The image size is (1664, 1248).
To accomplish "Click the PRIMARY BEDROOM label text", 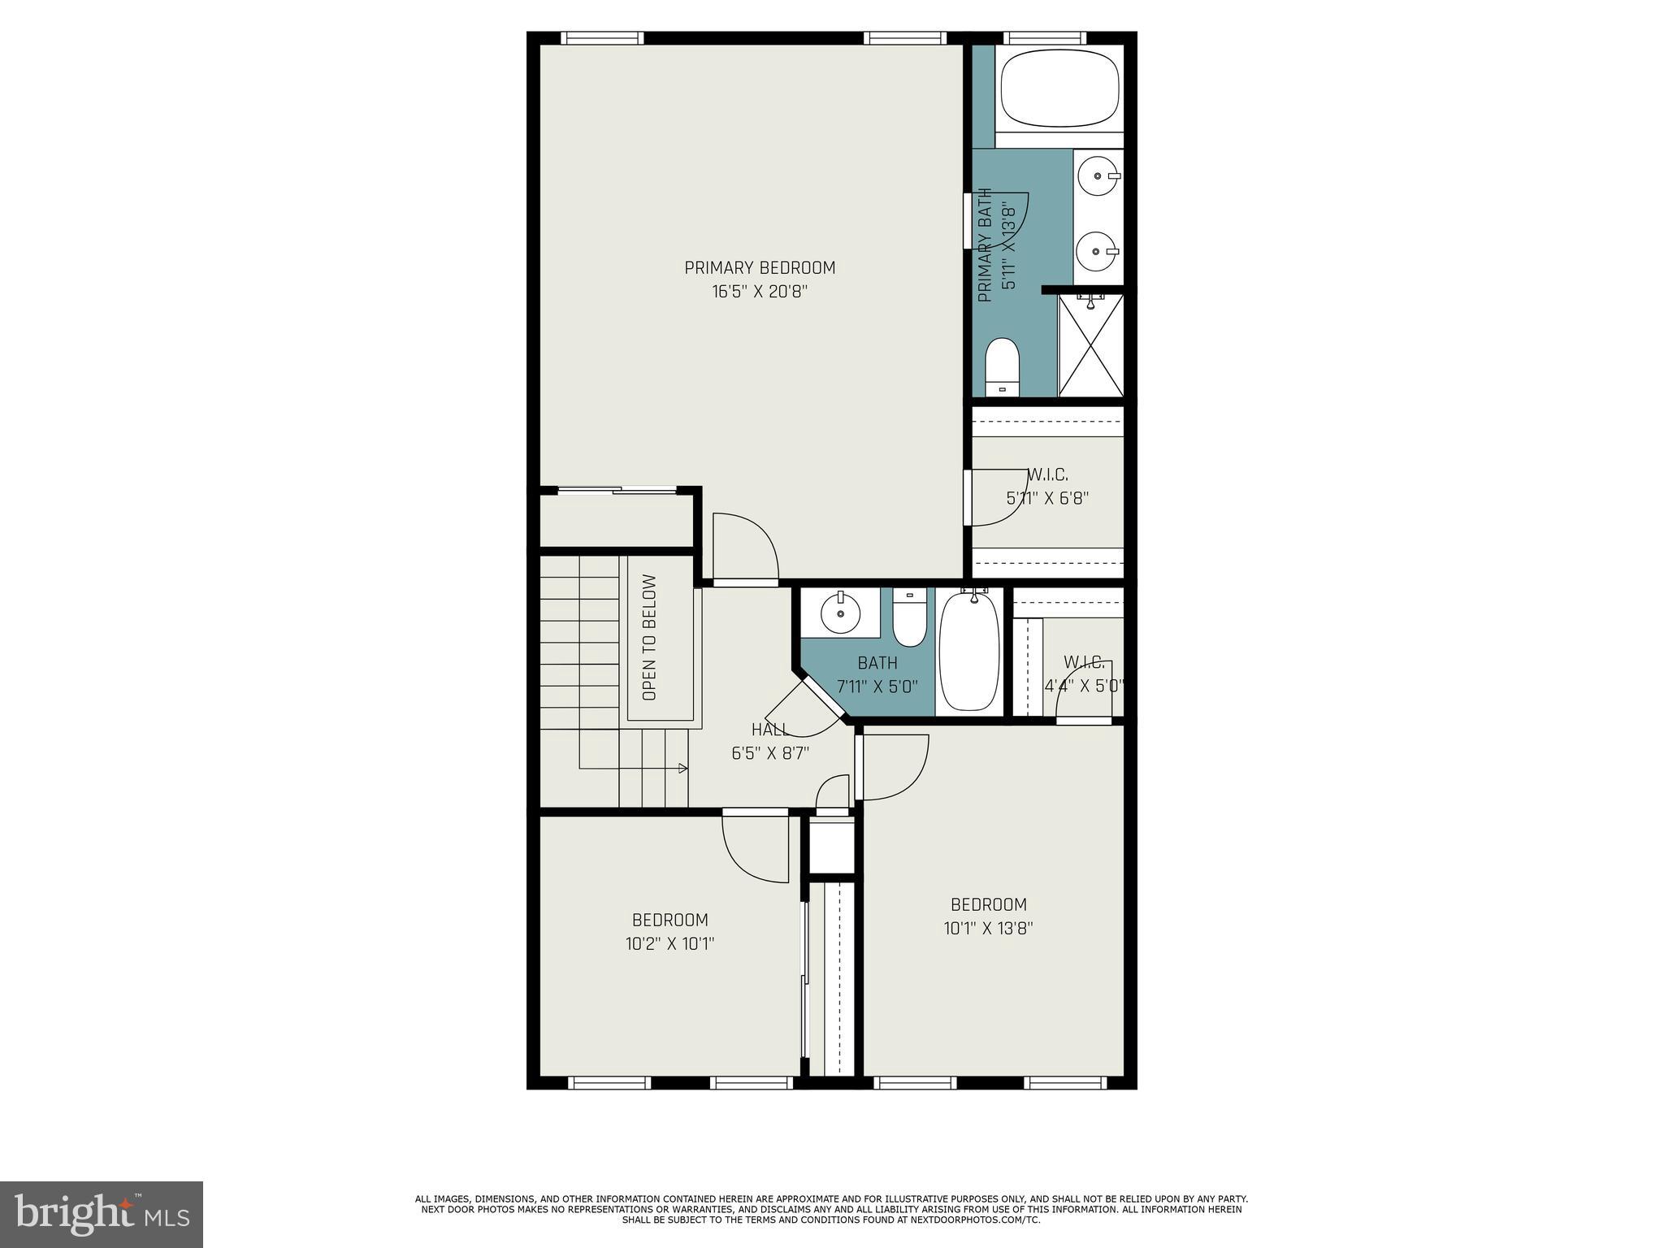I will [760, 267].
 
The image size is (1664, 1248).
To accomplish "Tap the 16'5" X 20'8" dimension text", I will [760, 292].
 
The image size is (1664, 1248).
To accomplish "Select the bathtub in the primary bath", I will [1059, 89].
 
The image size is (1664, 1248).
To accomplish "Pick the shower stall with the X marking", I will [1091, 346].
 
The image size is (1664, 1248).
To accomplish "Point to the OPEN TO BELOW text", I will [649, 638].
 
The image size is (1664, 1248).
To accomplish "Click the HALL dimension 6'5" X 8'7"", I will [770, 753].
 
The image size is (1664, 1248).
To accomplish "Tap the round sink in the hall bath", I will [840, 612].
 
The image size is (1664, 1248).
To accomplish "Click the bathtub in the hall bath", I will [969, 652].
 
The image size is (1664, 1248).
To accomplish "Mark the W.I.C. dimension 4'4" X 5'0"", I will [1084, 686].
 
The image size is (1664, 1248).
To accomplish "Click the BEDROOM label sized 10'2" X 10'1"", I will [669, 920].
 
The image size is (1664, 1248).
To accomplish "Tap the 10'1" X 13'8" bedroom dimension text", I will [988, 928].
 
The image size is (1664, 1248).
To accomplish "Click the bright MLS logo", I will [102, 1215].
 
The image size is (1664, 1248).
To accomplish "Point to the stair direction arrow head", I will [683, 768].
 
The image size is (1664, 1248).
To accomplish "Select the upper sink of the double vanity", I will [1098, 175].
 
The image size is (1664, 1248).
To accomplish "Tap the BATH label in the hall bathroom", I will [877, 663].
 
